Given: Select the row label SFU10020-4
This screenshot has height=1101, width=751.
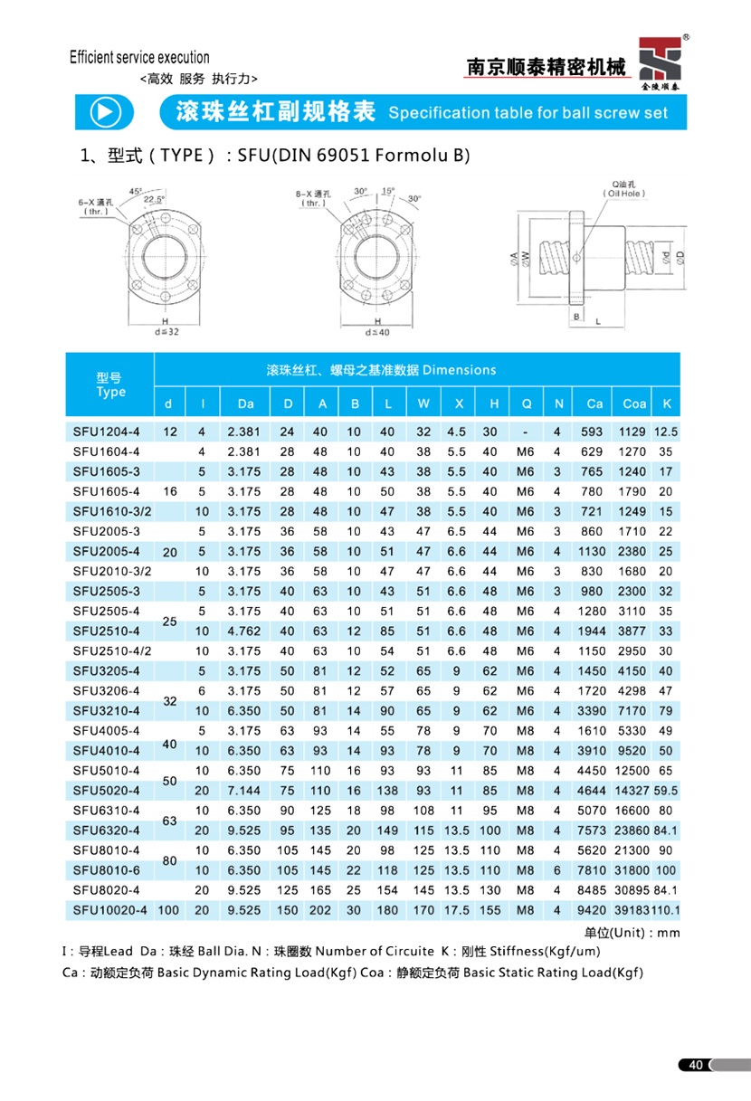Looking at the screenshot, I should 109,910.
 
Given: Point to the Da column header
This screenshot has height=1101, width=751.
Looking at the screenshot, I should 244,403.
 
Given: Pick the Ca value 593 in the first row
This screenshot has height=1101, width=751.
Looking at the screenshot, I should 592,432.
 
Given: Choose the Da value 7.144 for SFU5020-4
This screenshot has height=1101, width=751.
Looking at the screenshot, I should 244,791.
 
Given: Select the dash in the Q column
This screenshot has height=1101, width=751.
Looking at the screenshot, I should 526,432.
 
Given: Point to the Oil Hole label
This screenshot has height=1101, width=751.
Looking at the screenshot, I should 623,192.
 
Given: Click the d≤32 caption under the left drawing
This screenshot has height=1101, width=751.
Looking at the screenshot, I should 167,332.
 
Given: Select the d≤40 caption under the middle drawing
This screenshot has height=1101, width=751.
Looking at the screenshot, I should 376,332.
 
